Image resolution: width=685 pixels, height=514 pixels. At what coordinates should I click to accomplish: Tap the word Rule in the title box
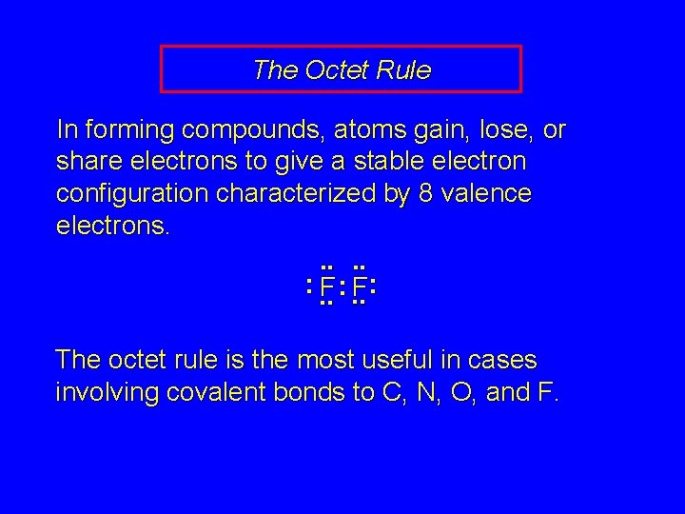(404, 69)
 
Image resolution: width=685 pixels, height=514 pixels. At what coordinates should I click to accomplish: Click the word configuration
(132, 195)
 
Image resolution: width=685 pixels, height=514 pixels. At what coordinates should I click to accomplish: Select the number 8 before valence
(426, 195)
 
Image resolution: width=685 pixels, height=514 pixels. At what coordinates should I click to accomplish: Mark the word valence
(486, 195)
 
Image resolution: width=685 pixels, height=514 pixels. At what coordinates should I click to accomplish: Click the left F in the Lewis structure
(326, 287)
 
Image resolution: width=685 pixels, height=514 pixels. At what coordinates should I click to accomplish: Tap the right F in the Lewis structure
(359, 287)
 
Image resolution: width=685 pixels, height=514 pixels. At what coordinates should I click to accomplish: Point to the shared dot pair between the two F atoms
(342, 286)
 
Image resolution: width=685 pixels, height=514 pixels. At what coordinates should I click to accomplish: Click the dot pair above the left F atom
(325, 267)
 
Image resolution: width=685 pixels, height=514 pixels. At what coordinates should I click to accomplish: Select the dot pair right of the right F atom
(375, 285)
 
